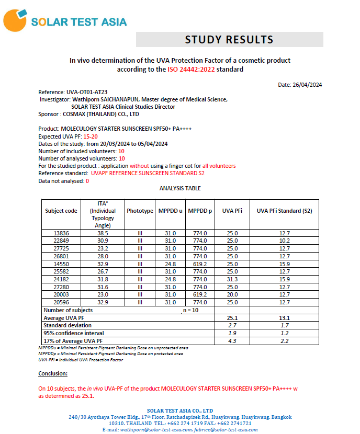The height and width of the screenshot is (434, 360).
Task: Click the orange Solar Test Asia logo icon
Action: pyautogui.click(x=15, y=20)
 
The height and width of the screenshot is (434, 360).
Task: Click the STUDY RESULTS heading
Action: pyautogui.click(x=229, y=40)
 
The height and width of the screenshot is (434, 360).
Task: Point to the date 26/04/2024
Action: pyautogui.click(x=307, y=85)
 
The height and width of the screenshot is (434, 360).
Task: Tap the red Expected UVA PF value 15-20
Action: pyautogui.click(x=91, y=136)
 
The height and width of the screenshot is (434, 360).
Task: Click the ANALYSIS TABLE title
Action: pyautogui.click(x=180, y=188)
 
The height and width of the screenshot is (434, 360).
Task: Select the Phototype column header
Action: pyautogui.click(x=140, y=211)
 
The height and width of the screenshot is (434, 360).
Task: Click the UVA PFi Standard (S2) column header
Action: pyautogui.click(x=284, y=211)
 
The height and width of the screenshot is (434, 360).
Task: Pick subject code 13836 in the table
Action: pyautogui.click(x=61, y=233)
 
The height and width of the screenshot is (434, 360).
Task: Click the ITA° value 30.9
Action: pyautogui.click(x=103, y=241)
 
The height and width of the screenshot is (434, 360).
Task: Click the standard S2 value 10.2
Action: pyautogui.click(x=284, y=241)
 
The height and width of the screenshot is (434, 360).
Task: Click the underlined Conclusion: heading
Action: pyautogui.click(x=53, y=373)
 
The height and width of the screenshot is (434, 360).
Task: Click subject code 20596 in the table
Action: pyautogui.click(x=61, y=302)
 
